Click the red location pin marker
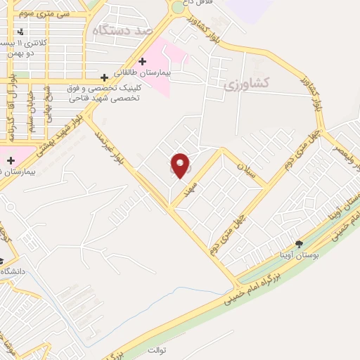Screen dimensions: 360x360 point(181,165)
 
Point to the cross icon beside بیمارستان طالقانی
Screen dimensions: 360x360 point(143,62)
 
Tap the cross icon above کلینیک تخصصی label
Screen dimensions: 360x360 point(105,77)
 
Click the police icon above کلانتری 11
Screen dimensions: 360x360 point(20,32)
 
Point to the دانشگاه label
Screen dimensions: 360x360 point(15,271)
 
